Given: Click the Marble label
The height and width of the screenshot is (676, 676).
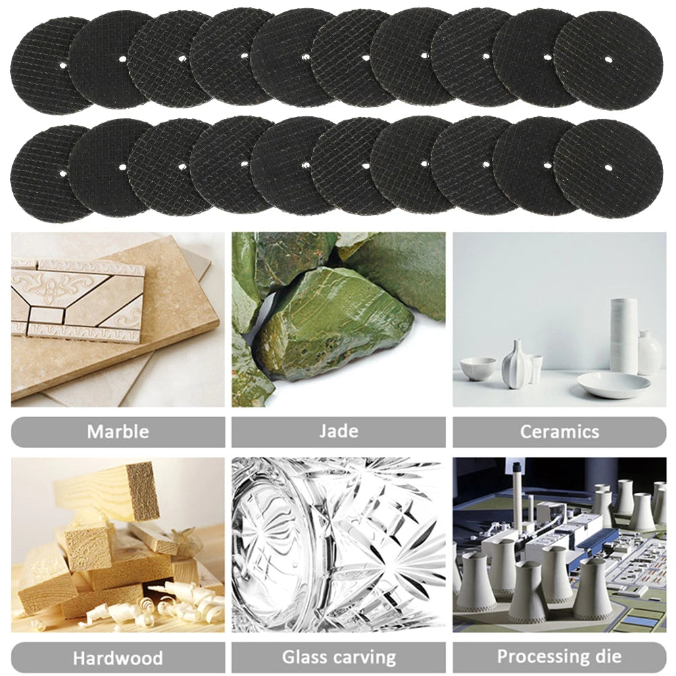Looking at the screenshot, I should coord(118,431).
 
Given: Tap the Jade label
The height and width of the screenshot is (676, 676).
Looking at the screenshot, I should coord(339,431).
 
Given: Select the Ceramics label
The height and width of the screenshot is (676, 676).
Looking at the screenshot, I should coord(559,431).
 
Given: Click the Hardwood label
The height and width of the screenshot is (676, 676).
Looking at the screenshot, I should coord(118,657).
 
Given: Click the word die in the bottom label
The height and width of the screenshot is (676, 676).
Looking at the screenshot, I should coord(607,656).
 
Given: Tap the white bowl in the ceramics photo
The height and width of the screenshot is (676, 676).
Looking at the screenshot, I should coord(478,368).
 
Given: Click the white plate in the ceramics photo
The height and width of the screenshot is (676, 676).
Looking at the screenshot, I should coord(613,385).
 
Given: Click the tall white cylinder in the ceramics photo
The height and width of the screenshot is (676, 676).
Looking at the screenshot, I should coord(623,335).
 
